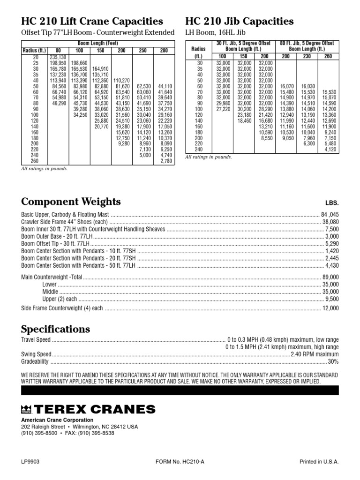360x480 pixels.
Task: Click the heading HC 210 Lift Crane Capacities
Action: point(92,22)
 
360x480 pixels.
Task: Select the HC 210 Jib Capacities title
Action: point(240,22)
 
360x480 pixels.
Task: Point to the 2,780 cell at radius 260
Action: point(166,161)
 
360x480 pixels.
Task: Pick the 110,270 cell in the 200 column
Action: point(122,80)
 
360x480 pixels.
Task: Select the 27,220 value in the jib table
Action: point(223,109)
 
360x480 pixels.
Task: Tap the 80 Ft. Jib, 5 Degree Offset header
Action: point(307,43)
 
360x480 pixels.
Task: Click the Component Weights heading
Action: point(71,202)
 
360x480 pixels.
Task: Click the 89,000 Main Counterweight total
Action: point(330,277)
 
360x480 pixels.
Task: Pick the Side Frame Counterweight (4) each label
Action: point(62,308)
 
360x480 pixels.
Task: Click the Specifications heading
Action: point(56,329)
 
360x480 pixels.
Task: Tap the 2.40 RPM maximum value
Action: point(315,354)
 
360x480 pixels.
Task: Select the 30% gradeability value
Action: point(333,362)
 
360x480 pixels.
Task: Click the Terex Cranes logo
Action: point(88,409)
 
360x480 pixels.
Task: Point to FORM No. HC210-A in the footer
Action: point(180,462)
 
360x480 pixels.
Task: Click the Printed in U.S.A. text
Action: point(319,462)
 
